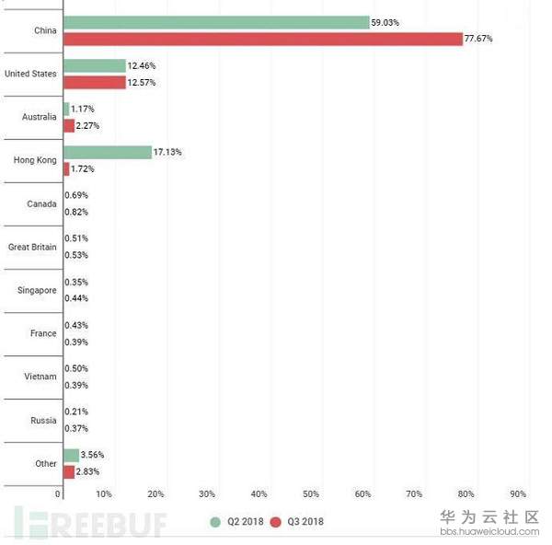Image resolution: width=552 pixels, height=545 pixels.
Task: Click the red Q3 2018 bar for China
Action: click(262, 39)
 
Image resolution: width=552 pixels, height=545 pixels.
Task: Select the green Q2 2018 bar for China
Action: click(216, 22)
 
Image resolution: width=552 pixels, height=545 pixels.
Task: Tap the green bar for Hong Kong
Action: click(108, 152)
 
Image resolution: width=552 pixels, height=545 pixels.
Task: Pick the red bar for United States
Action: click(94, 83)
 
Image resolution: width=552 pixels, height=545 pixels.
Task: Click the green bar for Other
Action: click(71, 455)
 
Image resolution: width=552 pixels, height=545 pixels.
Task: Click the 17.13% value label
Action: click(168, 152)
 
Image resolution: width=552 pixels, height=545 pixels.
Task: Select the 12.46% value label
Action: click(142, 66)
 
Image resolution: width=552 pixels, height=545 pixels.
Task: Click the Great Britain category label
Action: click(32, 248)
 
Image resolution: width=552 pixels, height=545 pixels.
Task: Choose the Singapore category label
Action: click(37, 291)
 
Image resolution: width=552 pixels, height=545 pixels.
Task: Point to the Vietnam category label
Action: click(40, 377)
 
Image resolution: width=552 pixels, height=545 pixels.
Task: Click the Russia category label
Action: click(43, 420)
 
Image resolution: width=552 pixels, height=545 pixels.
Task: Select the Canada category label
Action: click(42, 204)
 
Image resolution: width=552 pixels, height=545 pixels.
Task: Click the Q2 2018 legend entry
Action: click(236, 522)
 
